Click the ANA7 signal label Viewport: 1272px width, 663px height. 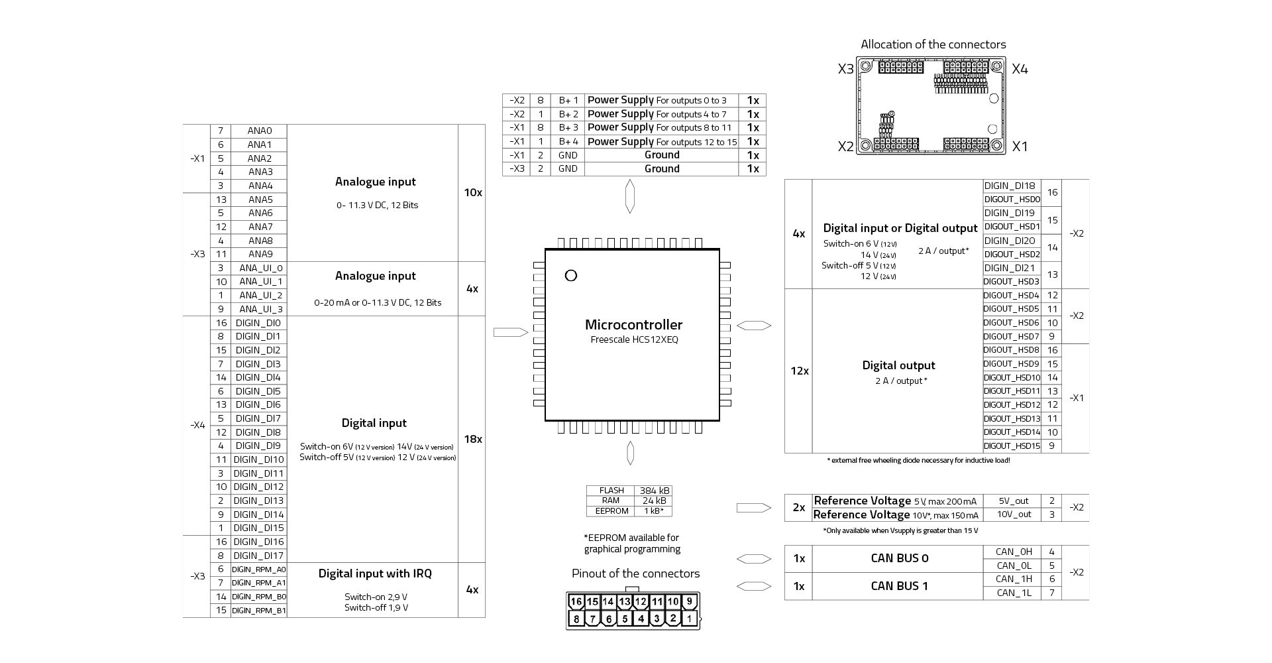(260, 227)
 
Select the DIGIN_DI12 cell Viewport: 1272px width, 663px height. (258, 487)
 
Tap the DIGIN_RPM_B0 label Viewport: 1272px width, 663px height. (258, 597)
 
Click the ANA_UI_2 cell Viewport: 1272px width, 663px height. (260, 295)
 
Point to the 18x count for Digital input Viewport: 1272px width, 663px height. (472, 439)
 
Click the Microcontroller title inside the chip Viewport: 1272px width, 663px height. (633, 325)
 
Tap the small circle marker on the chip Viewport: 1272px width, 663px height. (570, 275)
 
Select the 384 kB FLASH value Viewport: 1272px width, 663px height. (654, 491)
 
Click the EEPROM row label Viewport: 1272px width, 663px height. (611, 511)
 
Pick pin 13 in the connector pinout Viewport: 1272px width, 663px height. (624, 602)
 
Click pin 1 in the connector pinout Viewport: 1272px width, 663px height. (689, 619)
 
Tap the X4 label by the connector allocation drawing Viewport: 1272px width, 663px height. (1020, 69)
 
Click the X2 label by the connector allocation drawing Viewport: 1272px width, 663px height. (845, 147)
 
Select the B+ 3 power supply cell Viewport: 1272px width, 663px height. (568, 127)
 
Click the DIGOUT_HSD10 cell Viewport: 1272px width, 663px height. (1012, 377)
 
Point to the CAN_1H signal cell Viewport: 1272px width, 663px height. (1014, 579)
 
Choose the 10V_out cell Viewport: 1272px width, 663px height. (1014, 514)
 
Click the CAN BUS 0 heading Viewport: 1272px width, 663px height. (899, 558)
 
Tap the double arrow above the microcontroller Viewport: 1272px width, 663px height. (629, 196)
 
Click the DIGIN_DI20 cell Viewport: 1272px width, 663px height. (1009, 241)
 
